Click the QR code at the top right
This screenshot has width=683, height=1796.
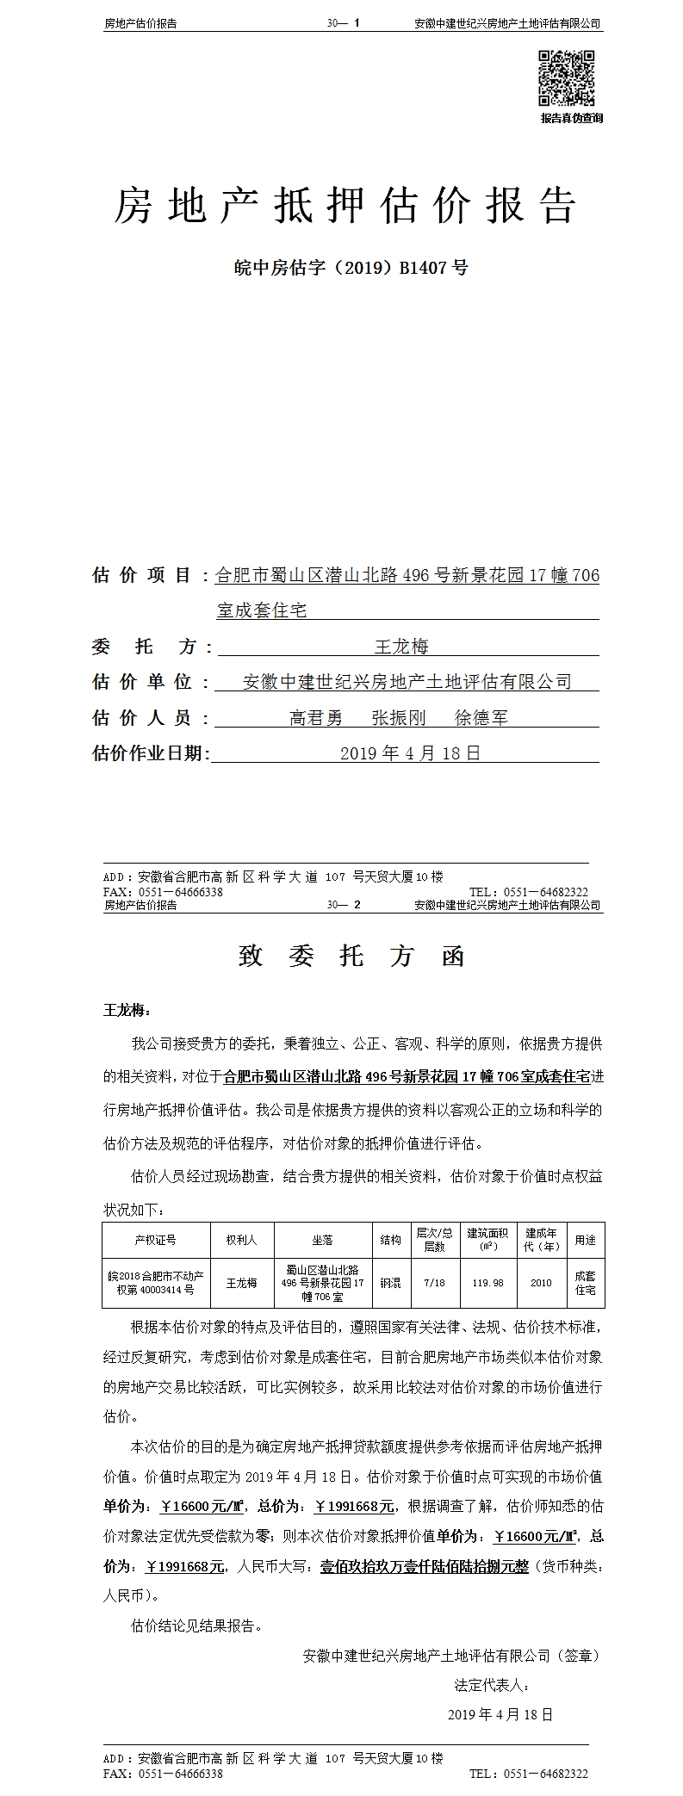(x=567, y=78)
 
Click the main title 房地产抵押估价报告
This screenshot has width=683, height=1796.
(x=345, y=207)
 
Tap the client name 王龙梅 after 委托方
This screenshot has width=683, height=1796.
(x=400, y=646)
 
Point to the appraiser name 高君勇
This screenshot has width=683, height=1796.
(x=315, y=717)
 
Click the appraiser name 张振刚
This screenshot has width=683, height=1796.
(x=398, y=717)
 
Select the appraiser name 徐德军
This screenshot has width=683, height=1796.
(x=481, y=717)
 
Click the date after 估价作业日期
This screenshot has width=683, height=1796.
(x=410, y=753)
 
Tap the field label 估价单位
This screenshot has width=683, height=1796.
(x=142, y=682)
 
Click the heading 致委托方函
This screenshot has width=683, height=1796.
(x=351, y=957)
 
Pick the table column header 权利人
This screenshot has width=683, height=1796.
(x=241, y=1240)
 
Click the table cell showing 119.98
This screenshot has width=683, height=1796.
(x=487, y=1283)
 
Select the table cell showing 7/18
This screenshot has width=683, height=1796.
(x=434, y=1283)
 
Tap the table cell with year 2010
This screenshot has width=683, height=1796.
(x=541, y=1283)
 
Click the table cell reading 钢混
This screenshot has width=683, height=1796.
(x=390, y=1283)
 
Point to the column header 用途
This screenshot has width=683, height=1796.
(x=585, y=1240)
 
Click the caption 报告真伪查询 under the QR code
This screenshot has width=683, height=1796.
(x=571, y=118)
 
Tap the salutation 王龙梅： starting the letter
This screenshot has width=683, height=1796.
(x=127, y=1010)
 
